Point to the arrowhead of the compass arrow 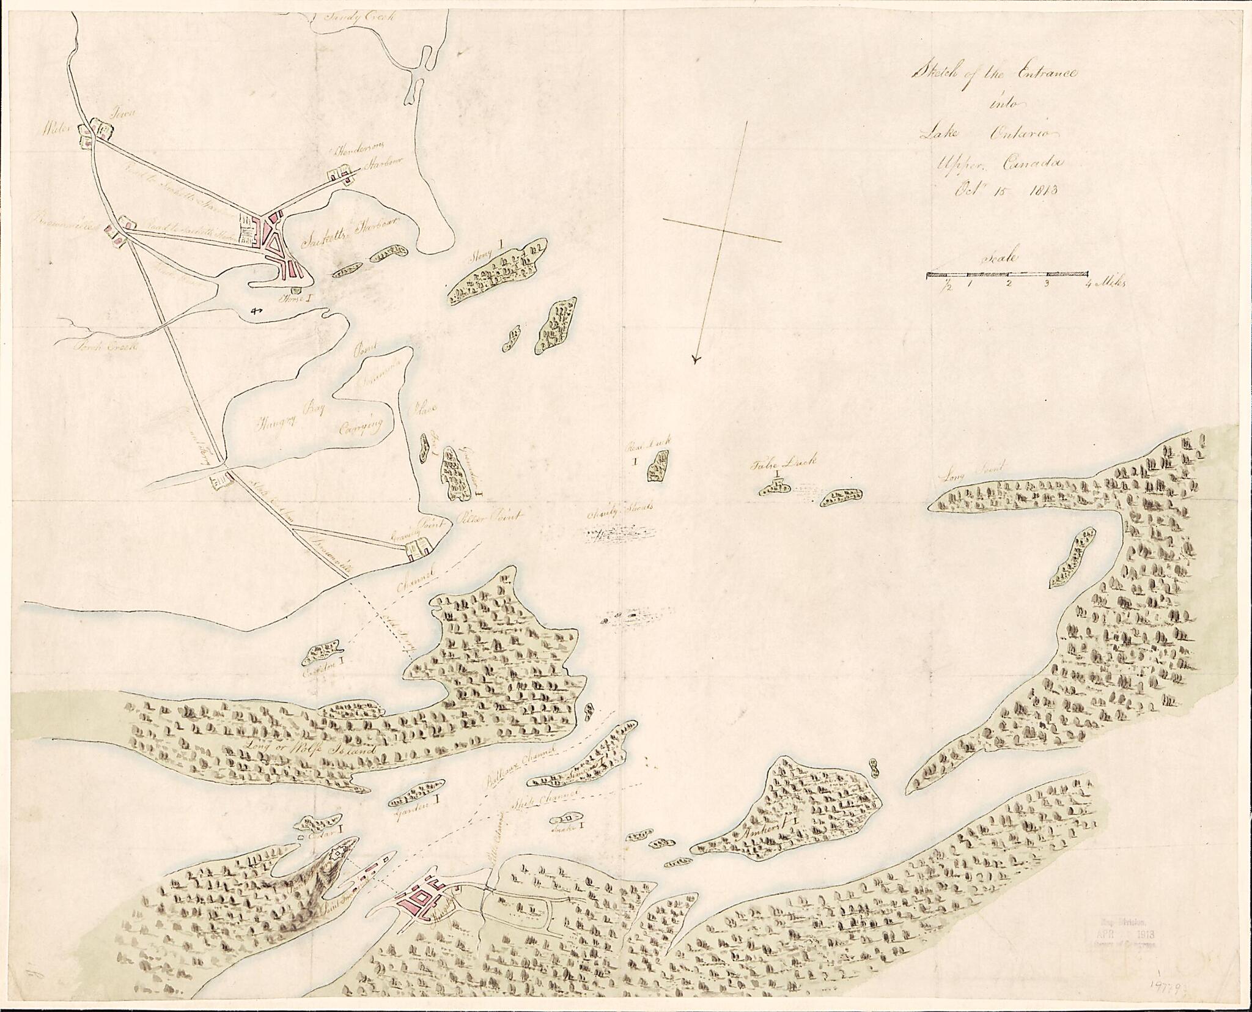[696, 360]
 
